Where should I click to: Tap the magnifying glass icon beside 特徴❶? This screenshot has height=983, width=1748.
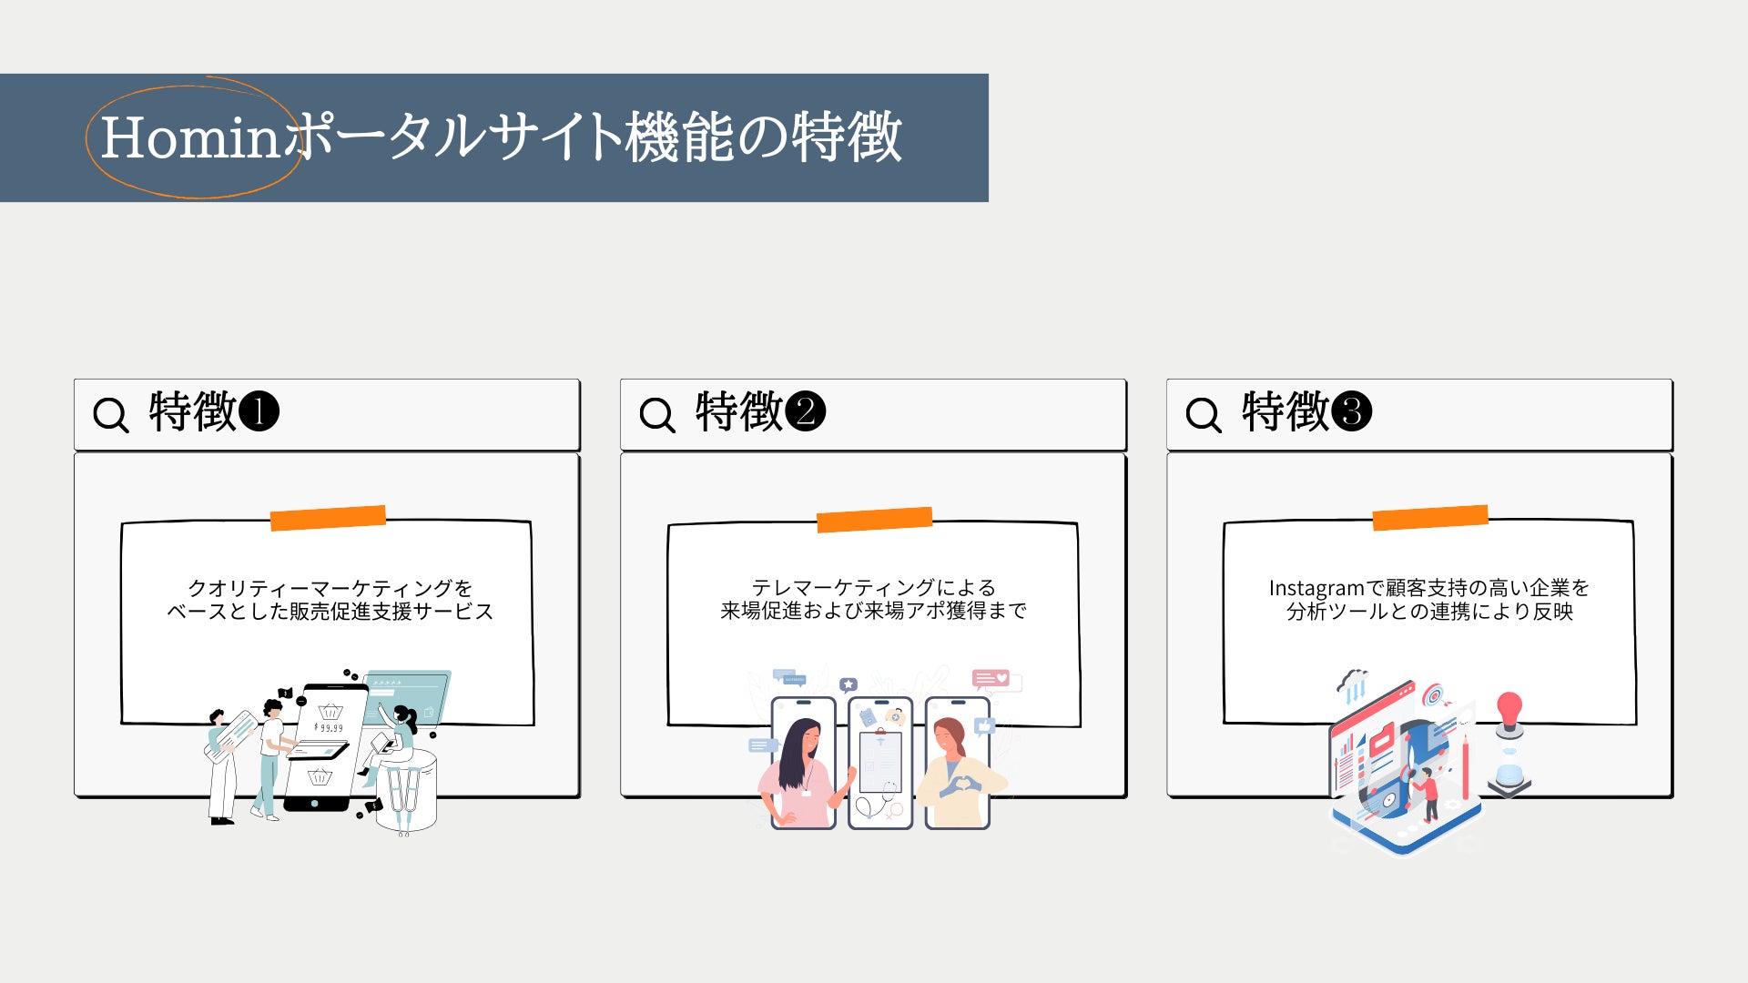click(111, 415)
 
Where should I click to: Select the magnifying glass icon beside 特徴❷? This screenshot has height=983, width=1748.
click(657, 415)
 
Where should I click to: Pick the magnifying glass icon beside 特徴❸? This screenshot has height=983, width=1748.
click(1204, 415)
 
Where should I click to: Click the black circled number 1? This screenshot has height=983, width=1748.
click(259, 411)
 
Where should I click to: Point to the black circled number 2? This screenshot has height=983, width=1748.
click(805, 411)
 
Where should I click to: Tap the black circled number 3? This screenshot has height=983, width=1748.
click(1351, 411)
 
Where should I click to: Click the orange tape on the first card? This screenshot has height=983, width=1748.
click(328, 518)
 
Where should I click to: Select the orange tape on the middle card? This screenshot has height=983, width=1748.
click(874, 520)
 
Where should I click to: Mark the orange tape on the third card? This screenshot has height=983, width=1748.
click(1430, 518)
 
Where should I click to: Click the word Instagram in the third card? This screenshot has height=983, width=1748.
click(1316, 589)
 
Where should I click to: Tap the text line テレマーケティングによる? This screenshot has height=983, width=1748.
click(874, 587)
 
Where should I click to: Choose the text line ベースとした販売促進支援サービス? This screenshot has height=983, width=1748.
click(330, 611)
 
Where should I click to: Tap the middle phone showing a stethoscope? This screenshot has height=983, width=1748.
click(880, 763)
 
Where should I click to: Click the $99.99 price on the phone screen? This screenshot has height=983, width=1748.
click(329, 728)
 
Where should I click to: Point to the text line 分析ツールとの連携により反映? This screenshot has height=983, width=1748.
click(1429, 612)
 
